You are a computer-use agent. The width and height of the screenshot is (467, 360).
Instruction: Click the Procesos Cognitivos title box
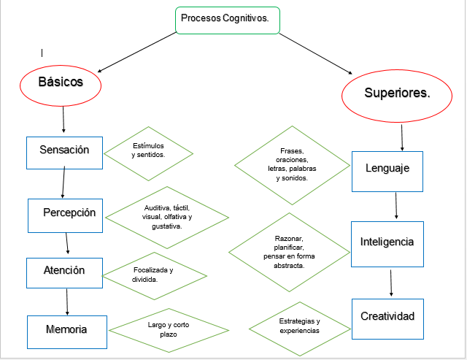227,20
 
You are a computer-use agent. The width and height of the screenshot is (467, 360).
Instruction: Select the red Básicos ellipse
60,83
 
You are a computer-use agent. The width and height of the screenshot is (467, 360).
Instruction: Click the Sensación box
63,150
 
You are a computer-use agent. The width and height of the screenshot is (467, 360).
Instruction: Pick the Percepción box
69,213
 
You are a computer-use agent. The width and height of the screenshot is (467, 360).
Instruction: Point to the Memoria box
67,330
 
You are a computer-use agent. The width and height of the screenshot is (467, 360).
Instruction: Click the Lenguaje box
387,169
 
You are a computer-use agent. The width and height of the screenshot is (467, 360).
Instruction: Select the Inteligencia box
387,242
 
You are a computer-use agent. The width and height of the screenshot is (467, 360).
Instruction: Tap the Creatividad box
387,316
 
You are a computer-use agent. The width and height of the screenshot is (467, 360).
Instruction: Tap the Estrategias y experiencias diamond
299,326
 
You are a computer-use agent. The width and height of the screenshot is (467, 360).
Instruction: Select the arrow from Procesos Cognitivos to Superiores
315,53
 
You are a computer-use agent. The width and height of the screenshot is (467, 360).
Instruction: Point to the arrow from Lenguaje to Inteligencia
395,206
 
